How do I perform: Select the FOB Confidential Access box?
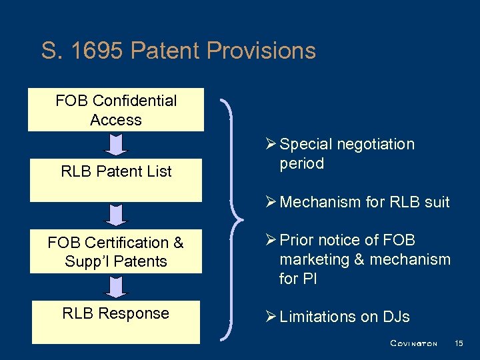pyautogui.click(x=116, y=110)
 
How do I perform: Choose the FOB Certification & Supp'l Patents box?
pyautogui.click(x=116, y=252)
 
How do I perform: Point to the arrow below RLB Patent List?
pyautogui.click(x=116, y=215)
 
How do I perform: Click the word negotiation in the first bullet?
pyautogui.click(x=377, y=145)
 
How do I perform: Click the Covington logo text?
pyautogui.click(x=413, y=343)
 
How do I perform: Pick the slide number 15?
pyautogui.click(x=458, y=343)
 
